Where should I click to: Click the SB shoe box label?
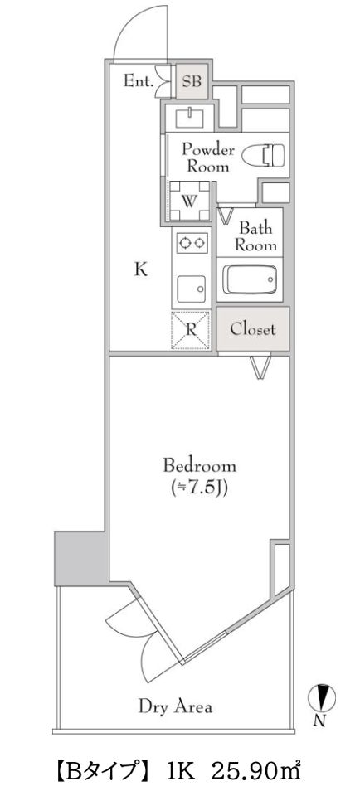(x=192, y=81)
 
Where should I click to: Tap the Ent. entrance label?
(x=140, y=81)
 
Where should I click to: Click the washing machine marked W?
(x=189, y=201)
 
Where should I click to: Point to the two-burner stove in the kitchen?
(x=192, y=243)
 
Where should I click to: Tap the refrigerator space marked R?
(x=192, y=328)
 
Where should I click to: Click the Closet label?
(x=253, y=328)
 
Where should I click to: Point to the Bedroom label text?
(x=199, y=464)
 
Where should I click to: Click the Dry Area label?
(x=175, y=706)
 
